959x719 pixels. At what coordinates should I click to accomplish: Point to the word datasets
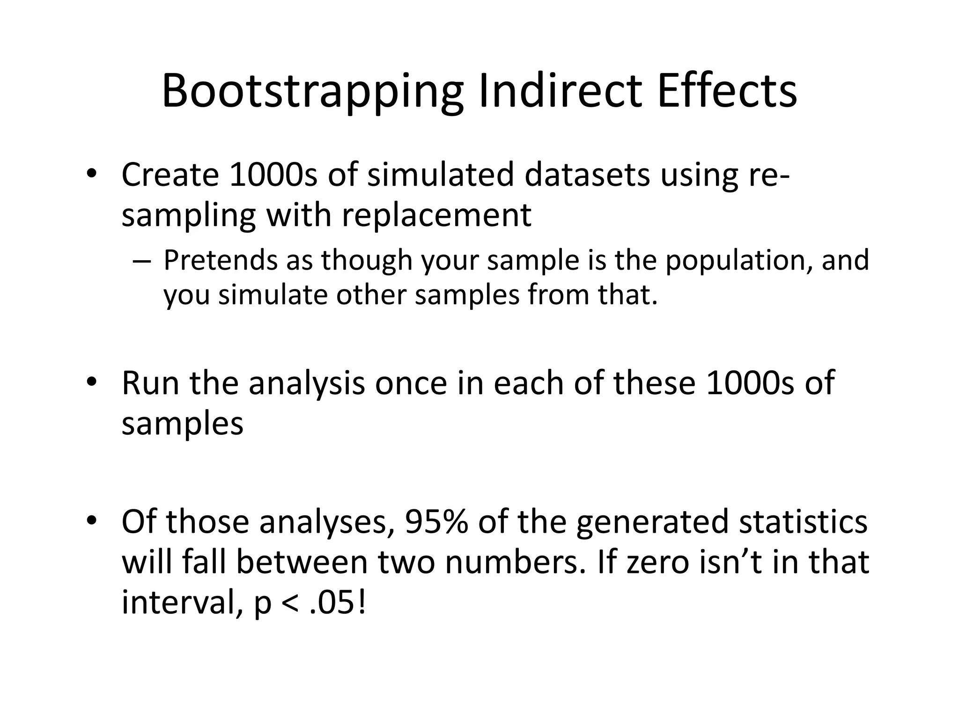click(587, 175)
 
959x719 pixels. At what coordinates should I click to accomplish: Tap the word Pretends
click(221, 260)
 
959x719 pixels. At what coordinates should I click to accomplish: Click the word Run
click(150, 383)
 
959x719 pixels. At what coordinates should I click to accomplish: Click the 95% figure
click(436, 521)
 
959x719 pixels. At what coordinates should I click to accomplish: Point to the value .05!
click(338, 604)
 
